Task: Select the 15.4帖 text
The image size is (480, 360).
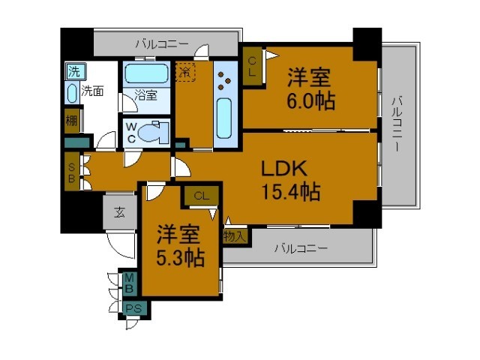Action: point(291,192)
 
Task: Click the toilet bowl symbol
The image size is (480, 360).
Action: point(155,133)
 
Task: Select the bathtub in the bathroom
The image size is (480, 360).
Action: point(146,74)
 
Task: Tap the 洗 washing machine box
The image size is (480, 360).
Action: point(74,73)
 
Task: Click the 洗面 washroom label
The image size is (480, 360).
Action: point(92,91)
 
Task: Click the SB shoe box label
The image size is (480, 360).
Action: point(71,172)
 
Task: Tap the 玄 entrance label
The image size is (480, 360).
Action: point(120,211)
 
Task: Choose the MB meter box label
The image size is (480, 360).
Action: point(129,283)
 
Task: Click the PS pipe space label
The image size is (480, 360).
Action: point(133,308)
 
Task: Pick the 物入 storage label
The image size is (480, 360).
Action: point(235,235)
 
